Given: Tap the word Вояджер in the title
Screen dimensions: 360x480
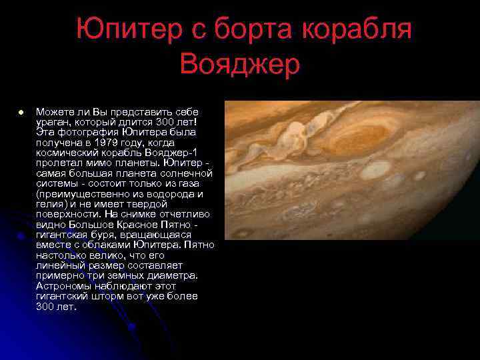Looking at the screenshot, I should [x=240, y=65].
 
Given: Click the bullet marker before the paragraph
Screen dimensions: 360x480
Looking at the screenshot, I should [x=21, y=112].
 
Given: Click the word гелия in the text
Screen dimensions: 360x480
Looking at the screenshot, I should [x=51, y=204].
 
